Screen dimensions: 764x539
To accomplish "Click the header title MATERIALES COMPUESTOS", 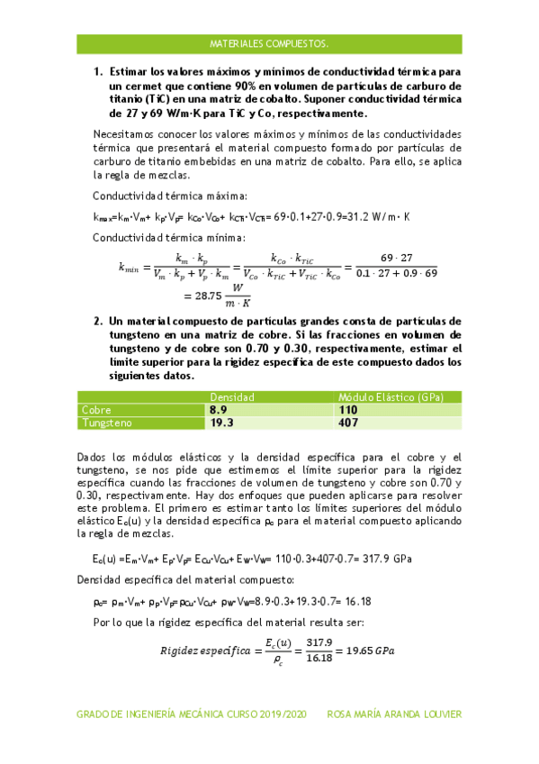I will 268,42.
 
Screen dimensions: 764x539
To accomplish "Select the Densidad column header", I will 232,397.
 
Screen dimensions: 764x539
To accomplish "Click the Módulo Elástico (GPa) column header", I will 398,397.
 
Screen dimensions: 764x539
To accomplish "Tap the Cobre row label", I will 97,409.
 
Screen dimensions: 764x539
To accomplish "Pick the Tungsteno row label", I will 106,422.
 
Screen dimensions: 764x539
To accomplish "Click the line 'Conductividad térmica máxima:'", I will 170,196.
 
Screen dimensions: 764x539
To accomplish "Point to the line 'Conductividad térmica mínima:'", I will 169,238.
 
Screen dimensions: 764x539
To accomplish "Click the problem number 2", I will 98,321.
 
